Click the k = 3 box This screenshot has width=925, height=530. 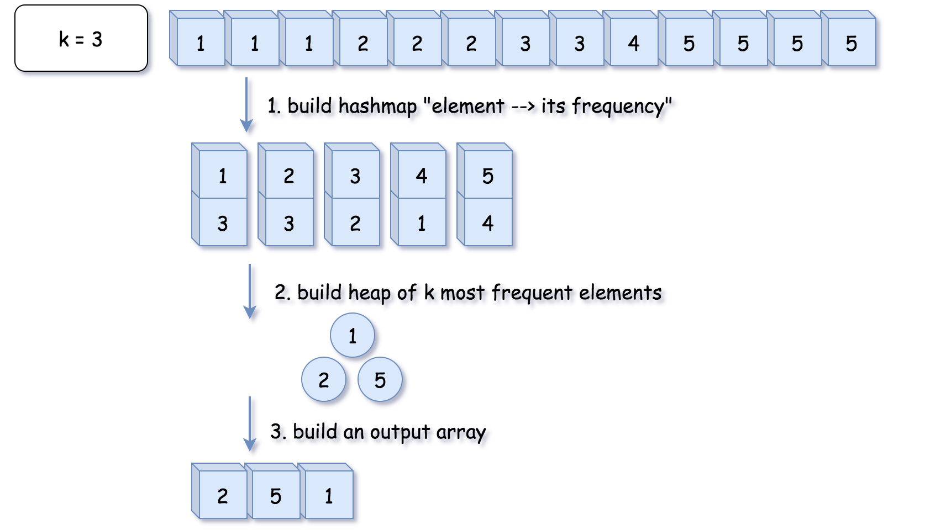81,39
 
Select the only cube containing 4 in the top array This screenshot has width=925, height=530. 633,43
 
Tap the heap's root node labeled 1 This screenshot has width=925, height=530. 353,335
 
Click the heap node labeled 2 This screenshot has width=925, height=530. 324,379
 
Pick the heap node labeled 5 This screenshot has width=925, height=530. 380,379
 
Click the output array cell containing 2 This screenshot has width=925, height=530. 222,495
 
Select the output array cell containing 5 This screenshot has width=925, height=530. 276,495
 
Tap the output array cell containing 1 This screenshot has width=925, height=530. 329,495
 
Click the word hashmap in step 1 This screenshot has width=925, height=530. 377,105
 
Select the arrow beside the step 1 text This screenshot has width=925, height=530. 246,105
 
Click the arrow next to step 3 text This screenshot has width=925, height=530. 250,424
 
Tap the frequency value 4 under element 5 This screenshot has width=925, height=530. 487,222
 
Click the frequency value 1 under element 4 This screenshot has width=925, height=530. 421,222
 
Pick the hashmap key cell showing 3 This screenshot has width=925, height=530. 355,176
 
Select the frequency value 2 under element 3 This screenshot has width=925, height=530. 355,222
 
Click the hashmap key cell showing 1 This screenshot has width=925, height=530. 222,176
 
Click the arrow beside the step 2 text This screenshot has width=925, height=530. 250,291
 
